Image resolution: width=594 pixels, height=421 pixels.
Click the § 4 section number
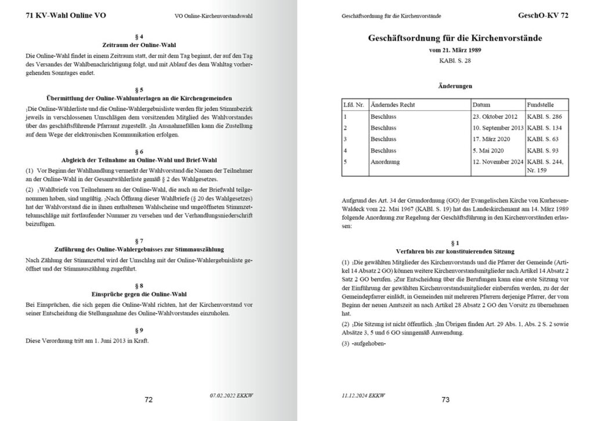point(139,37)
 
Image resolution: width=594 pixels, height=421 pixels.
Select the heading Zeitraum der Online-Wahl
point(139,45)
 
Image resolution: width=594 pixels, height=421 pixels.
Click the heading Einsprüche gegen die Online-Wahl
point(139,294)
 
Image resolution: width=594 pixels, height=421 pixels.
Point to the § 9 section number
point(139,330)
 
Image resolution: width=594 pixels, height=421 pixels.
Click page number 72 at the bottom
point(148,400)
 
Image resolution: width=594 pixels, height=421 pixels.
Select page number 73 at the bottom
point(445,400)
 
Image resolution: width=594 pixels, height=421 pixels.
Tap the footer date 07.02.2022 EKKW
point(231,395)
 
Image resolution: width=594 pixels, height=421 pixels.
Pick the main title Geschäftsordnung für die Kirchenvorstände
point(455,38)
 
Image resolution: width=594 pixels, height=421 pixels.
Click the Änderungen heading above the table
point(455,86)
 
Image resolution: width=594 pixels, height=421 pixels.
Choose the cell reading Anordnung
point(385,162)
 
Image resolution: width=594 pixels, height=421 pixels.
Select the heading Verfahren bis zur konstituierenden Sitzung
point(455,251)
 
